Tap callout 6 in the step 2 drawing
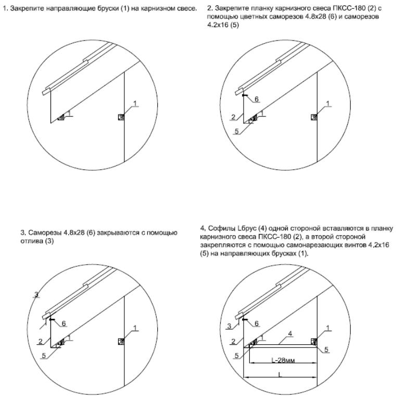256,98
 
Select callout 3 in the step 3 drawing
36,295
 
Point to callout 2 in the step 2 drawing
234,117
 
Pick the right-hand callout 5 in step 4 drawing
327,350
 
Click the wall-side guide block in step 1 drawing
121,117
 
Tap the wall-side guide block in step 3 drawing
121,341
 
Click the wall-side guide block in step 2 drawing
314,117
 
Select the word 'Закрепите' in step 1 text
22,9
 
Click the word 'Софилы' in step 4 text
219,228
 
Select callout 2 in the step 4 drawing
234,341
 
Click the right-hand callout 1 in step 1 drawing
135,104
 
